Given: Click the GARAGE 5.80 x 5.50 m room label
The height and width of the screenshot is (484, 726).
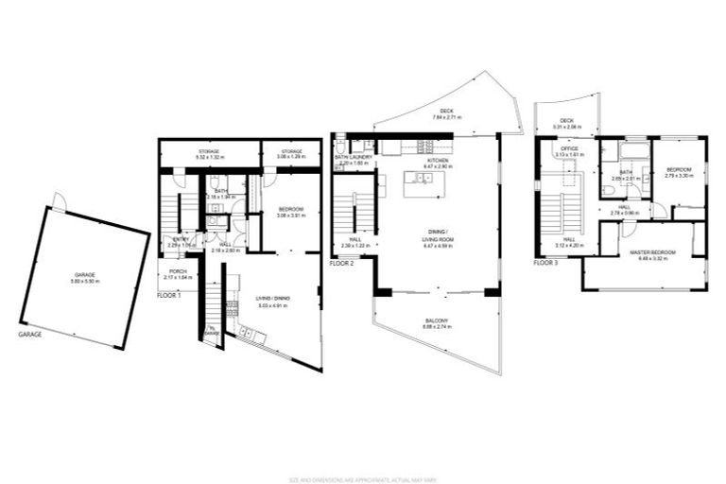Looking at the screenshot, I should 85,276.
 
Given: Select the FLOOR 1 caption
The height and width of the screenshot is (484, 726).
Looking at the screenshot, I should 170,296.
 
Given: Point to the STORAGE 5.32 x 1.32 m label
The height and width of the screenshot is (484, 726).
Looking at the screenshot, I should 208,153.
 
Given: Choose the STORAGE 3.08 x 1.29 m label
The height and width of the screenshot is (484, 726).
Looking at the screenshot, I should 290,153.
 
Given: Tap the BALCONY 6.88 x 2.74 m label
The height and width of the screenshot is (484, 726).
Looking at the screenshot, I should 436,322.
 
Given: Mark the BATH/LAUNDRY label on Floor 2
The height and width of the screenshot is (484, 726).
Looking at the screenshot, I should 352,160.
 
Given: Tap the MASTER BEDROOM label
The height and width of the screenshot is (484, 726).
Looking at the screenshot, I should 643,253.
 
